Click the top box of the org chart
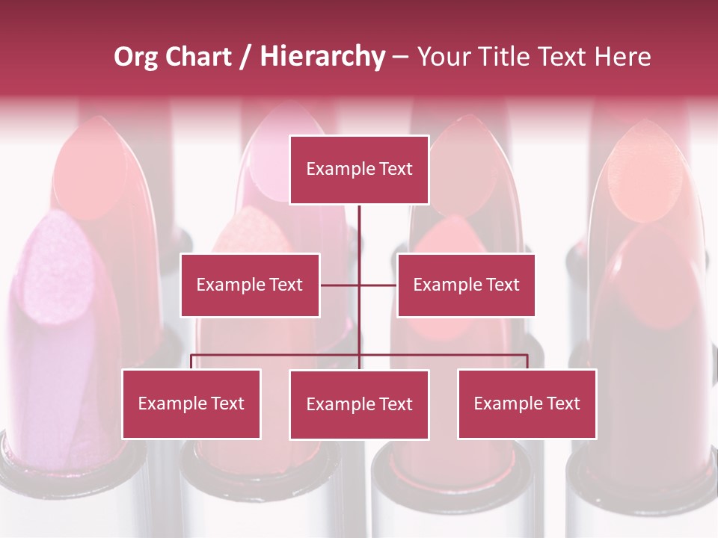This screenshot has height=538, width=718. point(359,170)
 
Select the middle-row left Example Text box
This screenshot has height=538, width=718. point(250,285)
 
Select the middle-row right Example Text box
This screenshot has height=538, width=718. point(466,285)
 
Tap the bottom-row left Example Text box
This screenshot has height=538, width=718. point(191,403)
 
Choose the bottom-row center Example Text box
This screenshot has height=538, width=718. point(359,404)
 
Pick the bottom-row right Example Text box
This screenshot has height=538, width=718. point(527,403)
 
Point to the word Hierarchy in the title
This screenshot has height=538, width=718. point(322,57)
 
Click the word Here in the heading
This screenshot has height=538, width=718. point(622,57)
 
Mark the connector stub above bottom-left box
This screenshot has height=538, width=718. point(191,362)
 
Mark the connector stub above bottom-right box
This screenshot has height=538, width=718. point(527,362)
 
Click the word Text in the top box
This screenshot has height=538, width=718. point(394,169)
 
